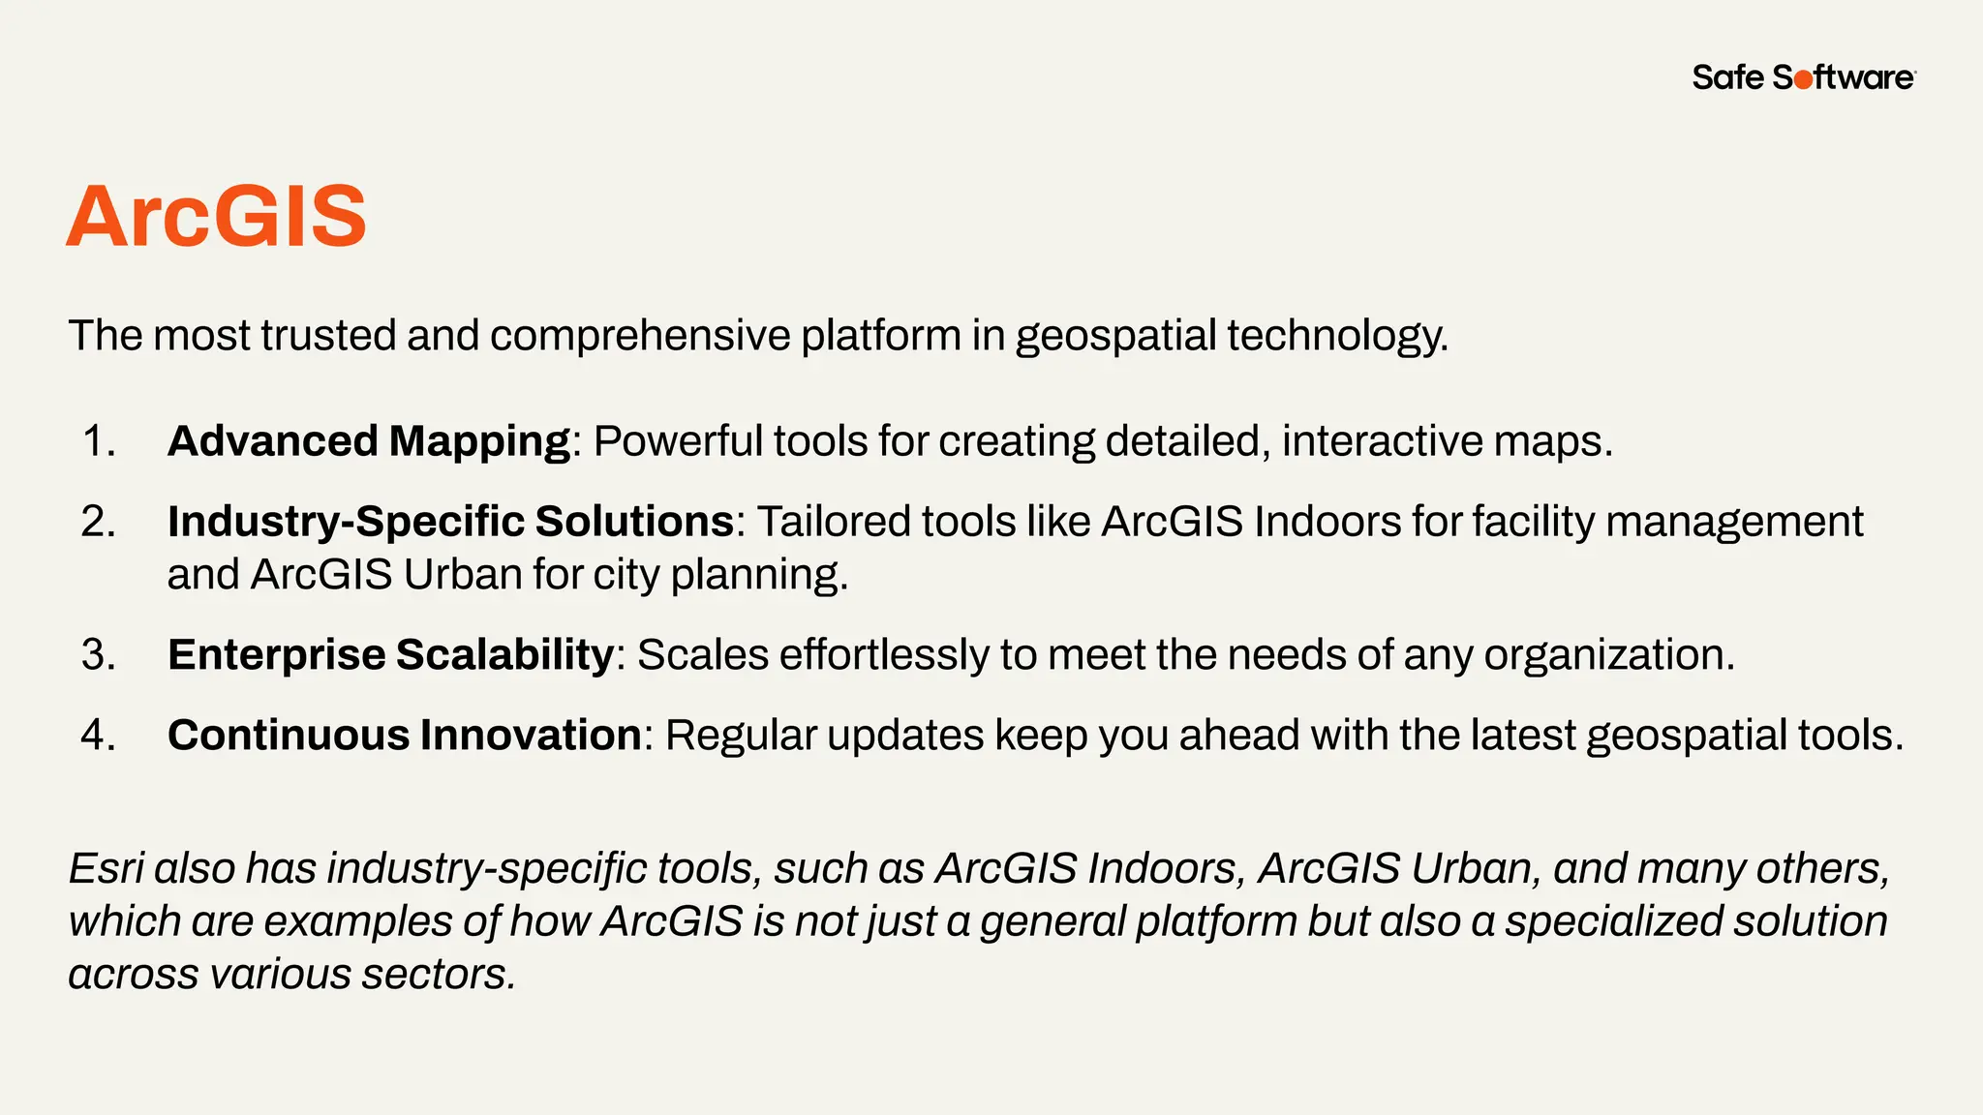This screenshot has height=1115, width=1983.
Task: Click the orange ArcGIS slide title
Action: pos(216,216)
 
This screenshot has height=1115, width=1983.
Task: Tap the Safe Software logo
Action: pos(1803,77)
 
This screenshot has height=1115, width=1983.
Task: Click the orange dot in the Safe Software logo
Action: pos(1803,80)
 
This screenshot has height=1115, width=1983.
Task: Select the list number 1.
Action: pos(99,441)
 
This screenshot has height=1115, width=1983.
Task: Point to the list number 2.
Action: pos(99,522)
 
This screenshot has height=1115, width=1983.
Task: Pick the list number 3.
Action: pos(99,655)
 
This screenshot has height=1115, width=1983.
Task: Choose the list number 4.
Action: pos(99,736)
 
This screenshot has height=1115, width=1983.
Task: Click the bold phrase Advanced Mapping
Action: pos(369,441)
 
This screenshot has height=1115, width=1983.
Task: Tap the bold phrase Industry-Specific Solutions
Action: pos(450,522)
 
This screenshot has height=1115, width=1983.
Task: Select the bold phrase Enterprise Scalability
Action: pos(390,655)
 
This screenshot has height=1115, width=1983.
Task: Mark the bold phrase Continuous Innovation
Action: pos(404,736)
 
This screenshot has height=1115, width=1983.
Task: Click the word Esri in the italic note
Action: pos(106,868)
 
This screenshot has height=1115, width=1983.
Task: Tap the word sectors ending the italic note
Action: pos(439,975)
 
